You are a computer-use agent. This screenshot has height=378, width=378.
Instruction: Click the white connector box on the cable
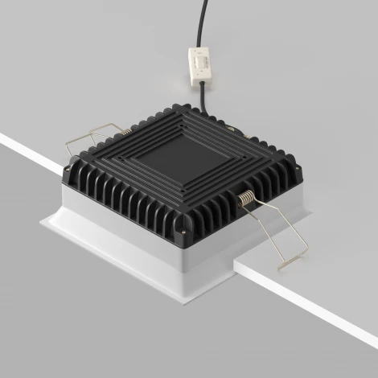(198, 65)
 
